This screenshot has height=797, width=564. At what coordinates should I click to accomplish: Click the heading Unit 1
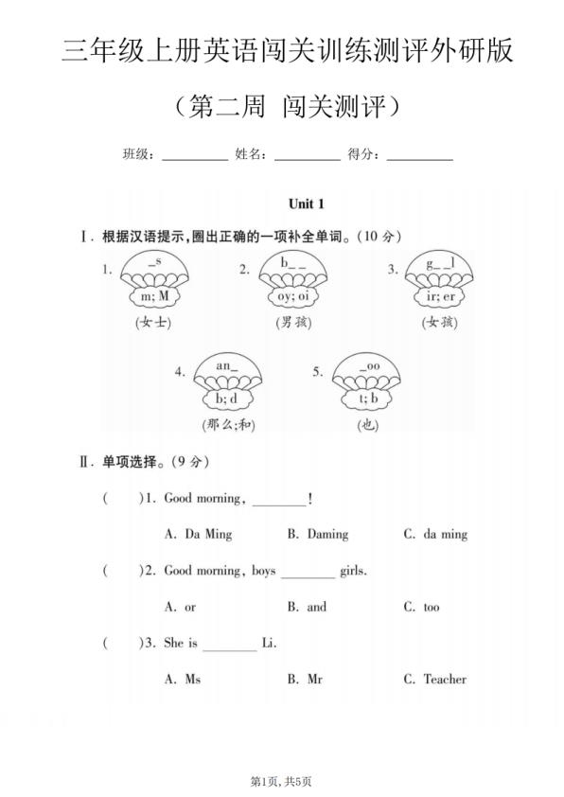pos(308,204)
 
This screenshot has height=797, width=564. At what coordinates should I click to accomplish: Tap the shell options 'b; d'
pos(227,398)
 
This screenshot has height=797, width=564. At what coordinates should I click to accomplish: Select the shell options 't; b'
pos(367,398)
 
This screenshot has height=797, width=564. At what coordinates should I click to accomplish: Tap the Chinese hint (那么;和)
pos(228,425)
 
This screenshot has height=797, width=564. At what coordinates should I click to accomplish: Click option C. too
pos(421,607)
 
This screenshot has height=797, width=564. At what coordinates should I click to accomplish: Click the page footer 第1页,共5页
pos(281,781)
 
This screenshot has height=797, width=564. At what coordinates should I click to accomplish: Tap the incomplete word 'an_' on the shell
pos(227,365)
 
